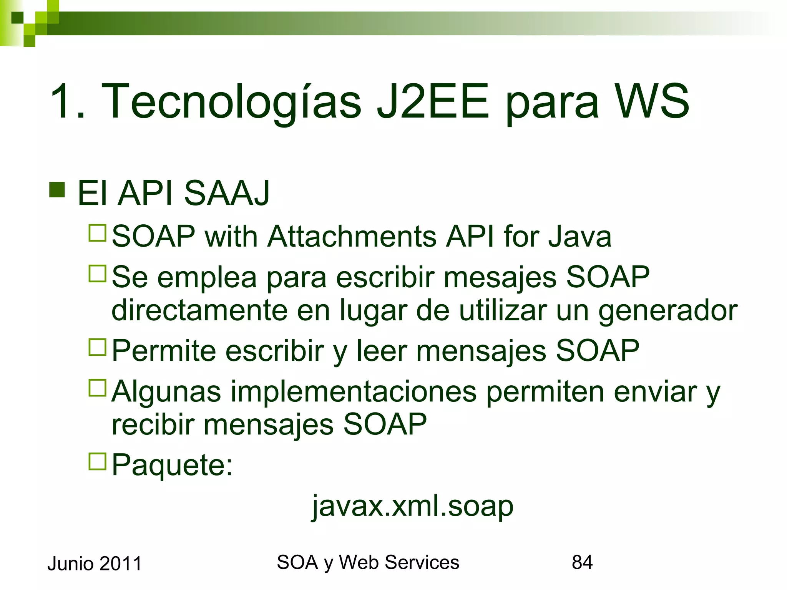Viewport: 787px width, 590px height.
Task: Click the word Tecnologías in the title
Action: pyautogui.click(x=231, y=102)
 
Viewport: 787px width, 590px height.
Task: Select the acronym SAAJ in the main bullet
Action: pyautogui.click(x=227, y=193)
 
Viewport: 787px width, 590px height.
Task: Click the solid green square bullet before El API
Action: pyautogui.click(x=57, y=189)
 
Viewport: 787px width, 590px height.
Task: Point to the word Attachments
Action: pyautogui.click(x=352, y=236)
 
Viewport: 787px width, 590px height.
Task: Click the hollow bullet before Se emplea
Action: pyautogui.click(x=97, y=273)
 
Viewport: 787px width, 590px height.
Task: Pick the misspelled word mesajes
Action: pyautogui.click(x=500, y=277)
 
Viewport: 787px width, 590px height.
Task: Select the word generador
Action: pyautogui.click(x=668, y=310)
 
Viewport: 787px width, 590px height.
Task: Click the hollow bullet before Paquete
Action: pyautogui.click(x=97, y=462)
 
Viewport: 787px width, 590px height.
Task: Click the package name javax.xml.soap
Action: pyautogui.click(x=412, y=506)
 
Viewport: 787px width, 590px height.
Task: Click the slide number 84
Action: pyautogui.click(x=582, y=562)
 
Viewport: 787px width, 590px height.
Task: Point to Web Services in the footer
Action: pyautogui.click(x=399, y=562)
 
